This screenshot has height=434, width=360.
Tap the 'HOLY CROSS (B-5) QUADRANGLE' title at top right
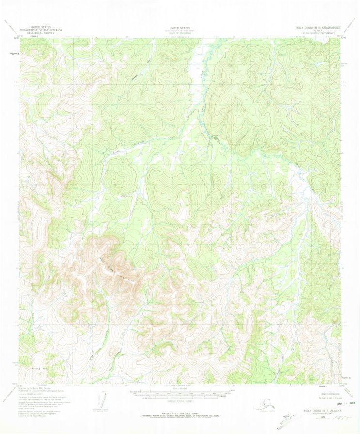(315, 28)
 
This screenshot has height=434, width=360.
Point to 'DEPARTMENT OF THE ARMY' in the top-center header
(180, 31)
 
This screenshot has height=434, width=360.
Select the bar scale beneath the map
(180, 394)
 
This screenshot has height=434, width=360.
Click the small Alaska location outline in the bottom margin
(265, 402)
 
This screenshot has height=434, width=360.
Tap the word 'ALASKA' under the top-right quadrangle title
(315, 31)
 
